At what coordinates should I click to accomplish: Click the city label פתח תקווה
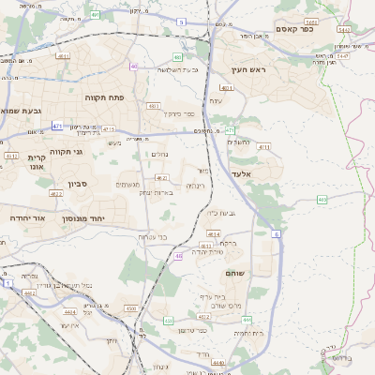111,97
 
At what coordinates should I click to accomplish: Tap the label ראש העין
250,69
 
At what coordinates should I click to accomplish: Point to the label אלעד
242,174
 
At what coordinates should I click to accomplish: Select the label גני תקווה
65,151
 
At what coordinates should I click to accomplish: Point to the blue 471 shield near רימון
57,124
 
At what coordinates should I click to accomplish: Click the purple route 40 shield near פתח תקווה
133,67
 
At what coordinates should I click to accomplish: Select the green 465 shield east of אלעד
322,199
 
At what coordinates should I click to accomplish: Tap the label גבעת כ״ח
218,214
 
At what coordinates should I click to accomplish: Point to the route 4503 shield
130,307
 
